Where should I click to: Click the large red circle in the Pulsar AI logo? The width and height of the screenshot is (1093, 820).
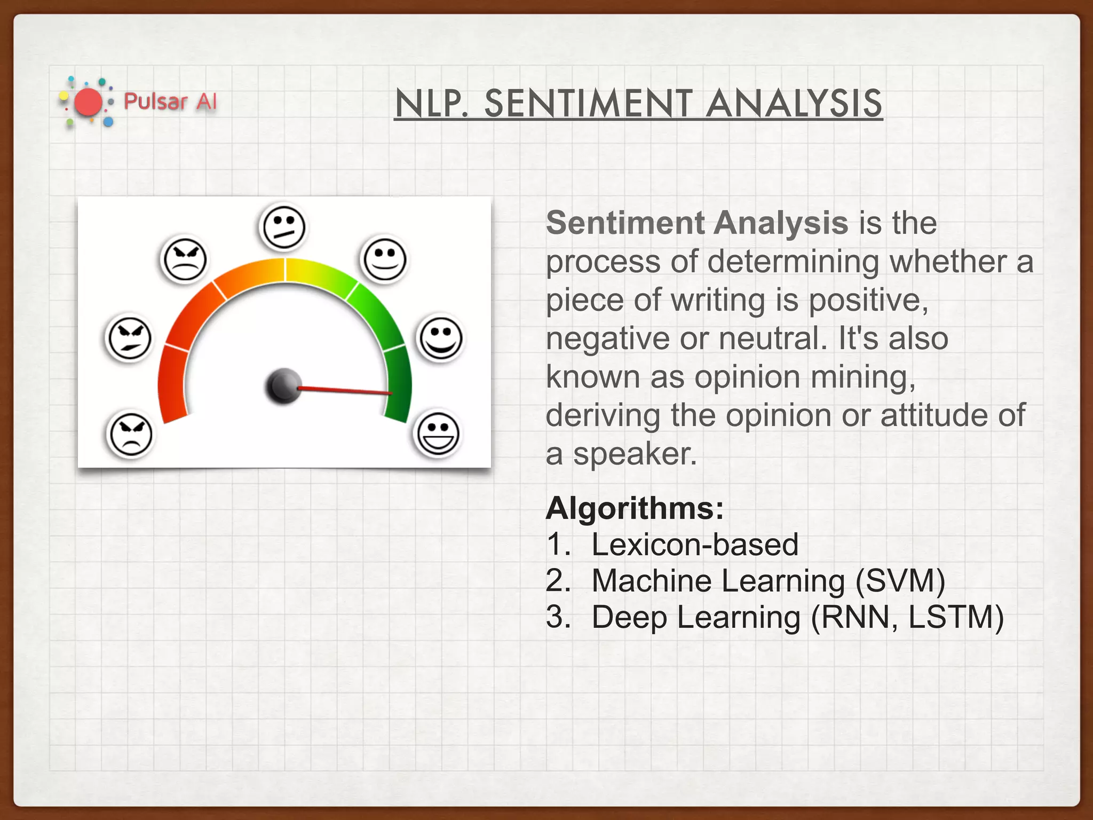pos(88,102)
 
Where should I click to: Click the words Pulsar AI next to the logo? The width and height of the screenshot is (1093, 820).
pos(170,101)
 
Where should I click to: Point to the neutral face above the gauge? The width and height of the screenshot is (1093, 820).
pos(283,227)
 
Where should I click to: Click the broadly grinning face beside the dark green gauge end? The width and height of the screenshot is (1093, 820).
pos(437,434)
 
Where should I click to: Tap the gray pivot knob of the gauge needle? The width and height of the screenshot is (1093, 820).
pos(283,385)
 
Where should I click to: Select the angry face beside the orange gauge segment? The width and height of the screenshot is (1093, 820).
pos(184,260)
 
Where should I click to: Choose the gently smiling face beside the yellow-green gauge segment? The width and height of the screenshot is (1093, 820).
pos(384,259)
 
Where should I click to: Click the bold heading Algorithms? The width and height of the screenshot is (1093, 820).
pos(634,508)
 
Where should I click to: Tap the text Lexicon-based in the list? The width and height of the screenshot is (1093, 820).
pos(694,545)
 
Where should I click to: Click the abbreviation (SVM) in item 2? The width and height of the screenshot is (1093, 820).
pos(900,581)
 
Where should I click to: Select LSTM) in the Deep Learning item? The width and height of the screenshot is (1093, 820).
pos(955,617)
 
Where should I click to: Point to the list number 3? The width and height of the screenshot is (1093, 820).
pos(558,617)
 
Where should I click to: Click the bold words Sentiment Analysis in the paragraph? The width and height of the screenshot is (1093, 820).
pos(696,223)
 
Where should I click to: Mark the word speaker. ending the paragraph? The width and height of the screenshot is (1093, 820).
pos(635,454)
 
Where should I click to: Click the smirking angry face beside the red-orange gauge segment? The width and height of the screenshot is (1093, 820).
pos(129,338)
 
